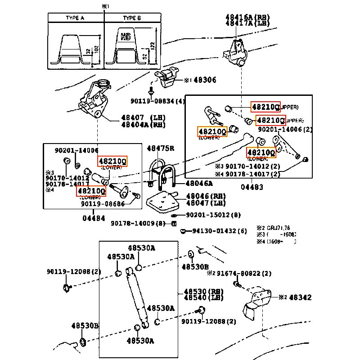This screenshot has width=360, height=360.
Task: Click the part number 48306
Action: [x=205, y=80]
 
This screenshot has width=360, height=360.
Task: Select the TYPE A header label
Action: [x=75, y=18]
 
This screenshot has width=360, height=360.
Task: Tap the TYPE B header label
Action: [x=132, y=18]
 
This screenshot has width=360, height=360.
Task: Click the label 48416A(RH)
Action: [x=247, y=17]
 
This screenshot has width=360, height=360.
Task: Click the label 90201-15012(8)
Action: [x=213, y=215]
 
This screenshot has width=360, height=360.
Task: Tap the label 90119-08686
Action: [x=103, y=203]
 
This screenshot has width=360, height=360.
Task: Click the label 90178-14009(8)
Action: [x=139, y=223]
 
